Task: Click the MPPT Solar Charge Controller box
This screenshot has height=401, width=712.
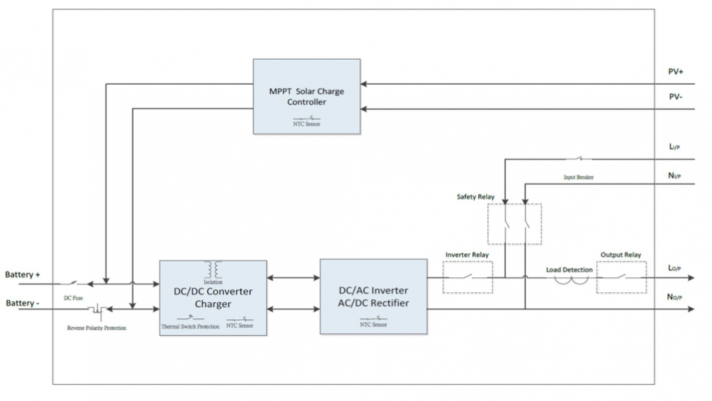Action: [x=307, y=96]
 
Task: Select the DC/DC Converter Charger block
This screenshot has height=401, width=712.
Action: [x=213, y=297]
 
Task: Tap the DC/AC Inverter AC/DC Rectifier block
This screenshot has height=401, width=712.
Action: [x=373, y=296]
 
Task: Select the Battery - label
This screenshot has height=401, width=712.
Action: [x=23, y=304]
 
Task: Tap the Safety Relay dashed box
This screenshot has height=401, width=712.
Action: [x=514, y=225]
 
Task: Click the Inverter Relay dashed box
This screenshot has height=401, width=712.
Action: [x=467, y=277]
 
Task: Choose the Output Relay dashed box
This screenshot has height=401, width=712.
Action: [x=621, y=277]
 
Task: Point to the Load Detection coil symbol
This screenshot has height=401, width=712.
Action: [x=572, y=279]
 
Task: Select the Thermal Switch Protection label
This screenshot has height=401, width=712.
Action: [x=189, y=327]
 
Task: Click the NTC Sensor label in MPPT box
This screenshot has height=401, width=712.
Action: [x=307, y=124]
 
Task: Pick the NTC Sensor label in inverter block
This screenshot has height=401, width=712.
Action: [x=373, y=324]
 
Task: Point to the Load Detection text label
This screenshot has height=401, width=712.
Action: [x=569, y=269]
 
